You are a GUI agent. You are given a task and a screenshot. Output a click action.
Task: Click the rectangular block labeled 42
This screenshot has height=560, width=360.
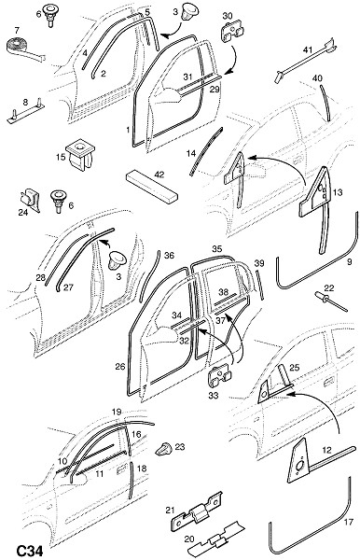click(152, 186)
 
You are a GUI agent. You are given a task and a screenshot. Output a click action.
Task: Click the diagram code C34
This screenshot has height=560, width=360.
click(30, 551)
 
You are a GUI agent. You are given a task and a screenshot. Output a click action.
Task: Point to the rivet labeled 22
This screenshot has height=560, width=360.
click(330, 301)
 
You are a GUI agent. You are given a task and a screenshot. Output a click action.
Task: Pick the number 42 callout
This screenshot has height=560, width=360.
click(159, 175)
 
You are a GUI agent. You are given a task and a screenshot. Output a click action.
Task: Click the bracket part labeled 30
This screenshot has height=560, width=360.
click(232, 32)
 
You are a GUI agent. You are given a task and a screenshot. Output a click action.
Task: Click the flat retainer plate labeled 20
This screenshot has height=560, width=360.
click(217, 539)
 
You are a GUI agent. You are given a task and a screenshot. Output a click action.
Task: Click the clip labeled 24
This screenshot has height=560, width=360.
click(29, 200)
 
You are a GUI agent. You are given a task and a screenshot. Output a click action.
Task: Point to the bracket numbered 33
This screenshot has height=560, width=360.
click(219, 377)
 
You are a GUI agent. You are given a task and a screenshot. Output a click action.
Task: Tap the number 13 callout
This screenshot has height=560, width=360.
click(338, 192)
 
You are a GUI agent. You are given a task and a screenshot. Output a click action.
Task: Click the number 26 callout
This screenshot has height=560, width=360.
click(120, 366)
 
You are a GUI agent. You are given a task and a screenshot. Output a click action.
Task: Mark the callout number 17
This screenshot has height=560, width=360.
click(348, 522)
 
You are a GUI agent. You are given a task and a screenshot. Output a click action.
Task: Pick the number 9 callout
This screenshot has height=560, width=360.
click(350, 261)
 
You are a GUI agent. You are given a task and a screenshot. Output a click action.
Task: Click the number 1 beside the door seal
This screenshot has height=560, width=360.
click(129, 130)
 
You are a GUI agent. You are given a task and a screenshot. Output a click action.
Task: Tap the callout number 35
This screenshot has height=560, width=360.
click(217, 249)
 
